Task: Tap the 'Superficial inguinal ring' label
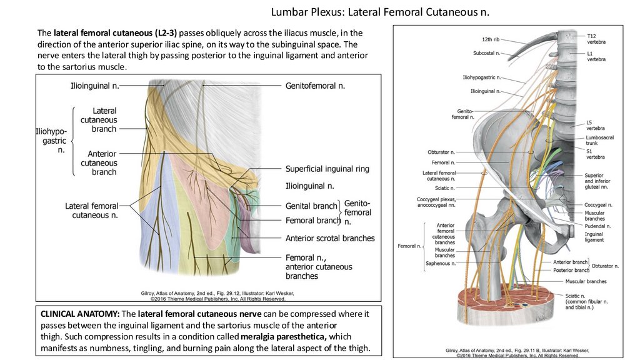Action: [327, 169]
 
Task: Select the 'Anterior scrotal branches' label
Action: [330, 238]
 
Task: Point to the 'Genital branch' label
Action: [311, 206]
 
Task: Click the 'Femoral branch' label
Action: [312, 221]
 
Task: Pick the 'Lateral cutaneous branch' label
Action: [104, 120]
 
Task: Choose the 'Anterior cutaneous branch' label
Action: [102, 162]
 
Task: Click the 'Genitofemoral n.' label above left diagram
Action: [315, 85]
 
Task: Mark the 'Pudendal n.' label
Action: [598, 226]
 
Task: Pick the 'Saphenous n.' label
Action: [441, 263]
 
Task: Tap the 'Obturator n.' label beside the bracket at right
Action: [605, 266]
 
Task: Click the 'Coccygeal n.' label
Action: [598, 204]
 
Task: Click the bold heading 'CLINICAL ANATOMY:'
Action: [80, 314]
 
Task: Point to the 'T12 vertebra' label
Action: [596, 39]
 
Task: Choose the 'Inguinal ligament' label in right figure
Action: [594, 237]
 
